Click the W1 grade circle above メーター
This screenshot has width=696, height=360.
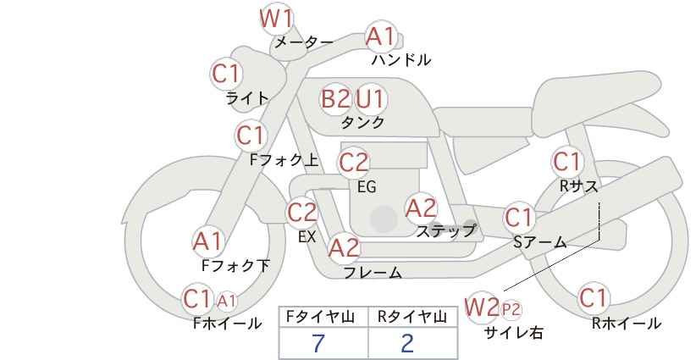coord(276,19)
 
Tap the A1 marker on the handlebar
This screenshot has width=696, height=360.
coord(380,36)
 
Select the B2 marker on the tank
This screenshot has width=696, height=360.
coord(335,98)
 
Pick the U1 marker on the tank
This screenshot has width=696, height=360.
coord(370,98)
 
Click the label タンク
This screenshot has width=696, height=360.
coord(362,122)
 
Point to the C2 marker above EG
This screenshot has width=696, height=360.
coord(353,163)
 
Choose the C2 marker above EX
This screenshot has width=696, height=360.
coord(301,212)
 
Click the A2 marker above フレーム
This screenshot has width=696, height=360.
coord(344,247)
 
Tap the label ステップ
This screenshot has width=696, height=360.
coord(445,231)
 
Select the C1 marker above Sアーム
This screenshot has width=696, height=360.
coord(518,218)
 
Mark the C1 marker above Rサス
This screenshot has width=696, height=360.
coord(566,162)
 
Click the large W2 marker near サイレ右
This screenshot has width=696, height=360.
coord(481,307)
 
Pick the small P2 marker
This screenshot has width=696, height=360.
coord(511,309)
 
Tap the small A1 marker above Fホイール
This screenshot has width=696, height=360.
coord(226,302)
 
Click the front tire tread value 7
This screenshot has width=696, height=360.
coord(318,343)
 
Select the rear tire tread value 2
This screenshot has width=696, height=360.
coord(407,343)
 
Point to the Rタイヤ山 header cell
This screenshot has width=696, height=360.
coord(412,317)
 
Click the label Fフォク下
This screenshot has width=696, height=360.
coord(235,266)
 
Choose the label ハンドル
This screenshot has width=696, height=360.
coord(401,59)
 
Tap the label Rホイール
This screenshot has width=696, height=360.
coord(627,324)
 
